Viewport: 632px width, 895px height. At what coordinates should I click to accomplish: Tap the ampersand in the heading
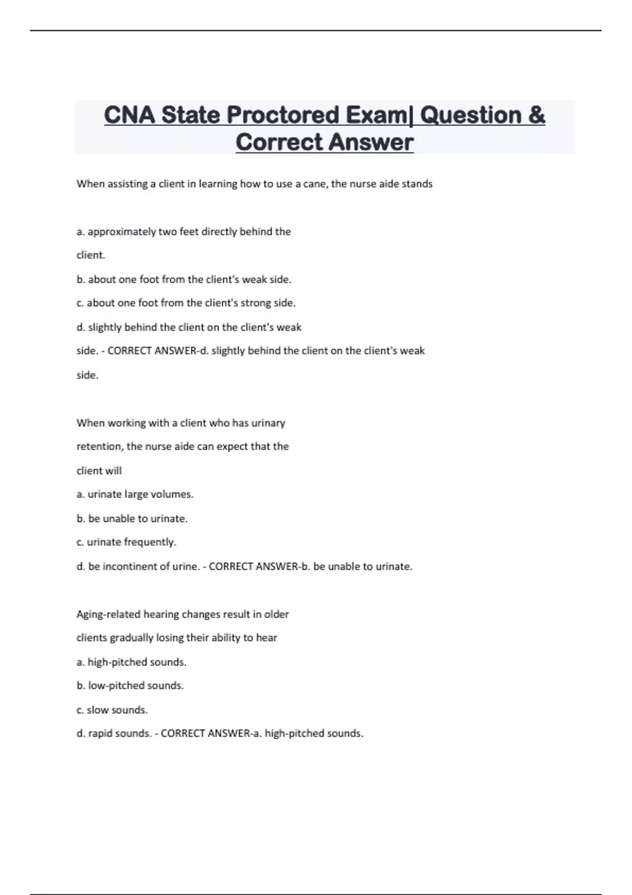tap(535, 115)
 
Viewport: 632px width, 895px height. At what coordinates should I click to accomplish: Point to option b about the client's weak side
tap(184, 280)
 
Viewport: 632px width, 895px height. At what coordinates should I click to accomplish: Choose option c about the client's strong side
tap(186, 303)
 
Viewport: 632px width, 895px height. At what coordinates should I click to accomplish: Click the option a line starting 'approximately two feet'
tap(184, 232)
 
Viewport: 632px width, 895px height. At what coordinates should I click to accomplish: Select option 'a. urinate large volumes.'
tap(135, 494)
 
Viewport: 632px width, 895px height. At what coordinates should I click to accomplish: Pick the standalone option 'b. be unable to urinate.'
tap(132, 519)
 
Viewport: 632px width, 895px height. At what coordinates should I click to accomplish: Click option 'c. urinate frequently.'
tap(126, 542)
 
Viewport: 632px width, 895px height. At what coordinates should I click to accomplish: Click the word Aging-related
tap(108, 614)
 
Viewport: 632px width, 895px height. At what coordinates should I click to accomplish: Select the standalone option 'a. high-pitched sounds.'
tap(132, 662)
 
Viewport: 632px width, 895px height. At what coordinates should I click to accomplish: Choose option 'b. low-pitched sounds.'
tap(130, 686)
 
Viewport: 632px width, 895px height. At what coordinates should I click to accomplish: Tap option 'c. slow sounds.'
tap(112, 710)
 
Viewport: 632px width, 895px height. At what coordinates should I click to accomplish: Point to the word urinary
tap(268, 423)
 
